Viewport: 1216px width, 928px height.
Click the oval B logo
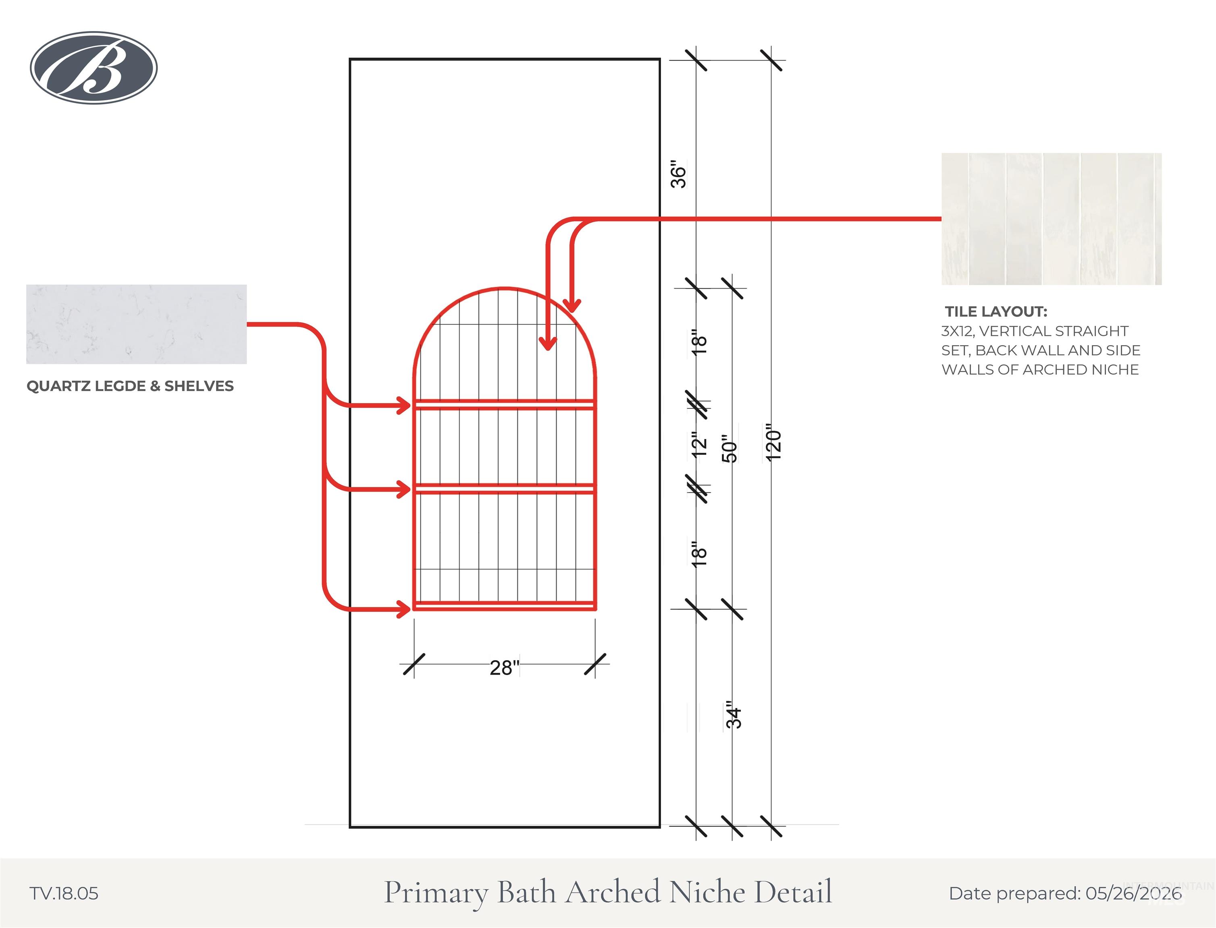click(x=94, y=67)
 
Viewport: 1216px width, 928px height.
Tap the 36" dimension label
click(x=678, y=174)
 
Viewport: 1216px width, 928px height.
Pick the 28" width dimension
click(x=505, y=668)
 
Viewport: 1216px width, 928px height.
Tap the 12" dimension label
click(x=699, y=443)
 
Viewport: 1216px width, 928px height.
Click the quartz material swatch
click(x=137, y=324)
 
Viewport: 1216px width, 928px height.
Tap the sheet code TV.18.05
click(x=64, y=894)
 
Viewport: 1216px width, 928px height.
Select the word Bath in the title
click(x=527, y=892)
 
